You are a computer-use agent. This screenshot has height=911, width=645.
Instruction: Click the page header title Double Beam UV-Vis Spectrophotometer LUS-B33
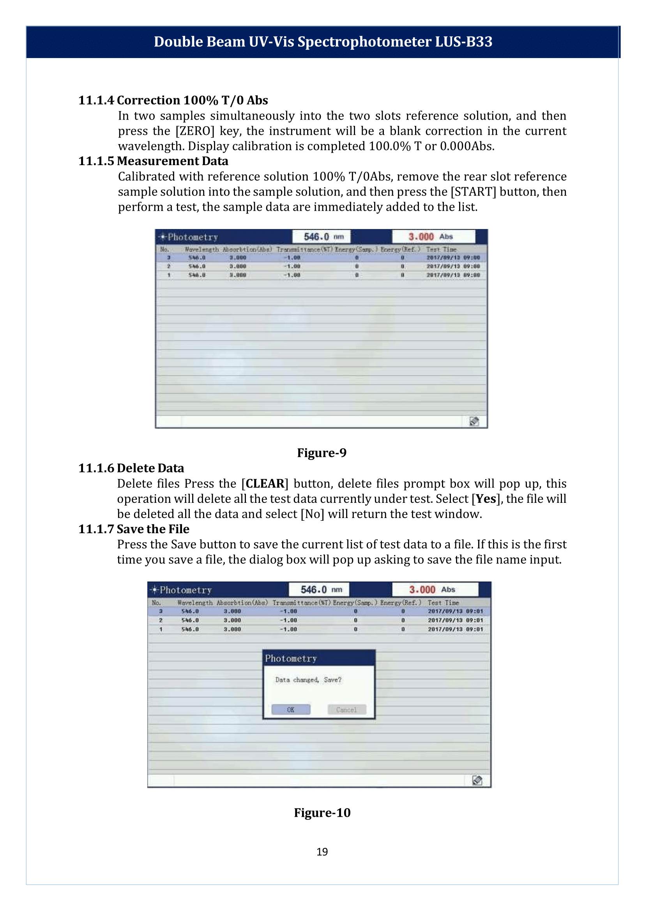323,42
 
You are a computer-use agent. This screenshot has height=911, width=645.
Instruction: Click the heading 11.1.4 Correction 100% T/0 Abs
173,100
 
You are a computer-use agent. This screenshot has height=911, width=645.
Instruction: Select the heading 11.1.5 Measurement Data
153,161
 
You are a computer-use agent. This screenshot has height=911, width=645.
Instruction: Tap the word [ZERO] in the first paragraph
194,131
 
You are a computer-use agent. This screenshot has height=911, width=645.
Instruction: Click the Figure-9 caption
322,453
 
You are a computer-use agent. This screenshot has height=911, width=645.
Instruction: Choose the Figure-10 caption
322,812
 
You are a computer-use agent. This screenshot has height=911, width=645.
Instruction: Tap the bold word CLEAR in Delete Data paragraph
265,483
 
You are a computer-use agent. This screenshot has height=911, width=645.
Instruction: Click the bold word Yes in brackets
486,499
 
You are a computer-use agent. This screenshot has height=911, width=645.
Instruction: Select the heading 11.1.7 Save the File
133,529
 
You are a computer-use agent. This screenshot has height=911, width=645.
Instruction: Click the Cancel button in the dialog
346,710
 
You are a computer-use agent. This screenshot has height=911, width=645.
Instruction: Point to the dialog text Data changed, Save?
308,680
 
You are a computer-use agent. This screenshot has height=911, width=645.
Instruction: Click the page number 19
322,852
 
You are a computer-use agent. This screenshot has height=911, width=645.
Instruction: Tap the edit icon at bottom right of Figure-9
474,421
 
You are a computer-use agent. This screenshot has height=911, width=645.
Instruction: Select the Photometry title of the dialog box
291,659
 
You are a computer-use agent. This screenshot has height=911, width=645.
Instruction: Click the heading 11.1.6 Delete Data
131,468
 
